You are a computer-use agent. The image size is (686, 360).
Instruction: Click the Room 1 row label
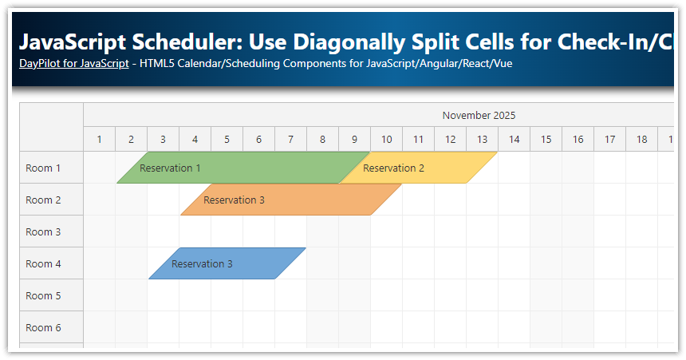[44, 168]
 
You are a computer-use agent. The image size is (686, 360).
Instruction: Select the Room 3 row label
[44, 231]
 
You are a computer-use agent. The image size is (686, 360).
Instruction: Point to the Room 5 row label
[44, 295]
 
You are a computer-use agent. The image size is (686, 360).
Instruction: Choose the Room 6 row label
[44, 327]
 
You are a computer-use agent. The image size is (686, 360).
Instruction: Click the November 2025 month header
[479, 115]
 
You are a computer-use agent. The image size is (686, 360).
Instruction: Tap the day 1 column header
[99, 140]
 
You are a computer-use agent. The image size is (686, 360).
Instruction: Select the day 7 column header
[290, 140]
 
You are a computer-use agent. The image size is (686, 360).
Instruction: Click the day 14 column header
[514, 140]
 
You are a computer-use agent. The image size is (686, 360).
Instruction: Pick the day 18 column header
[641, 140]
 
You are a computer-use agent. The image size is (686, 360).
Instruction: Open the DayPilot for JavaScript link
[74, 63]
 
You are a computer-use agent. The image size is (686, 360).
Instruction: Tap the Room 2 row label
[44, 200]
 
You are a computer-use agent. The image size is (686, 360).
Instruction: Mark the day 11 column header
[418, 140]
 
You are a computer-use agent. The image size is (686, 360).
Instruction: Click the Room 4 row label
[44, 263]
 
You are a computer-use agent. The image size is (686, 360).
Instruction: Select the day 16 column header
[578, 140]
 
